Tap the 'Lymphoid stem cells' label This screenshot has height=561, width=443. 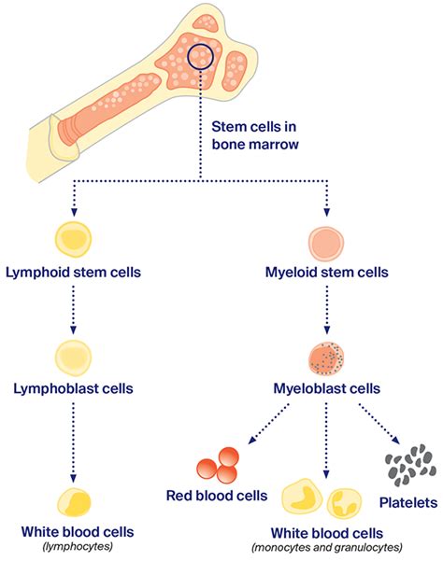74,275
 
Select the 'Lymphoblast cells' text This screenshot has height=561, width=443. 74,386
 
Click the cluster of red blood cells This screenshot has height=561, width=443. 219,465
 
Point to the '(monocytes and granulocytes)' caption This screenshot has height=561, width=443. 325,547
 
